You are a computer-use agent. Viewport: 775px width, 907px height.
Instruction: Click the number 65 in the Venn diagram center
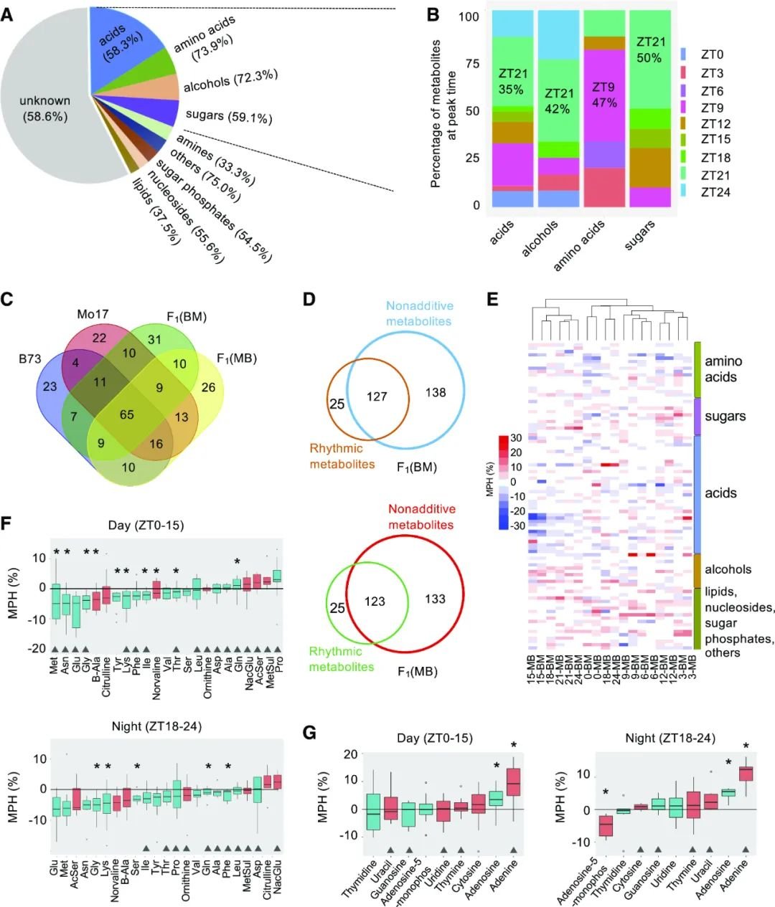pyautogui.click(x=127, y=414)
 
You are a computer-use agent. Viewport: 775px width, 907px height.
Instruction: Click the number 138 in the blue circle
pyautogui.click(x=436, y=392)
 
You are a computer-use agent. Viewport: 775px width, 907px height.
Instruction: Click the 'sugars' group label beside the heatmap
pyautogui.click(x=725, y=416)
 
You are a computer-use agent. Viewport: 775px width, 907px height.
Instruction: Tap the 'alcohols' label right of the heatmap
pyautogui.click(x=728, y=569)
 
